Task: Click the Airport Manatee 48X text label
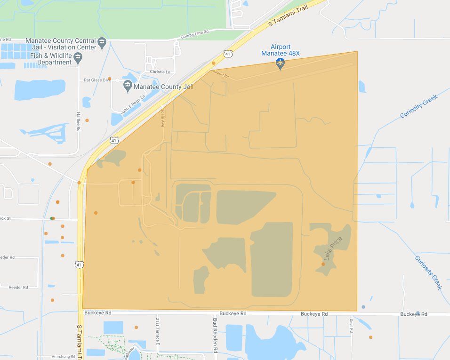pyautogui.click(x=280, y=50)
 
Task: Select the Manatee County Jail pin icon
pyautogui.click(x=128, y=86)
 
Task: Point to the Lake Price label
pyautogui.click(x=333, y=248)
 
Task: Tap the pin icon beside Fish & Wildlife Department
pyautogui.click(x=79, y=58)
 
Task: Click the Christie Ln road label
pyautogui.click(x=160, y=72)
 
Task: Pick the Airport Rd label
pyautogui.click(x=221, y=74)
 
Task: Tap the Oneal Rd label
pyautogui.click(x=351, y=325)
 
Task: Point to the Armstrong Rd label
pyautogui.click(x=63, y=357)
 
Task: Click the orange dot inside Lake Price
pyautogui.click(x=323, y=264)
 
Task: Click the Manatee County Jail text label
pyautogui.click(x=163, y=87)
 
